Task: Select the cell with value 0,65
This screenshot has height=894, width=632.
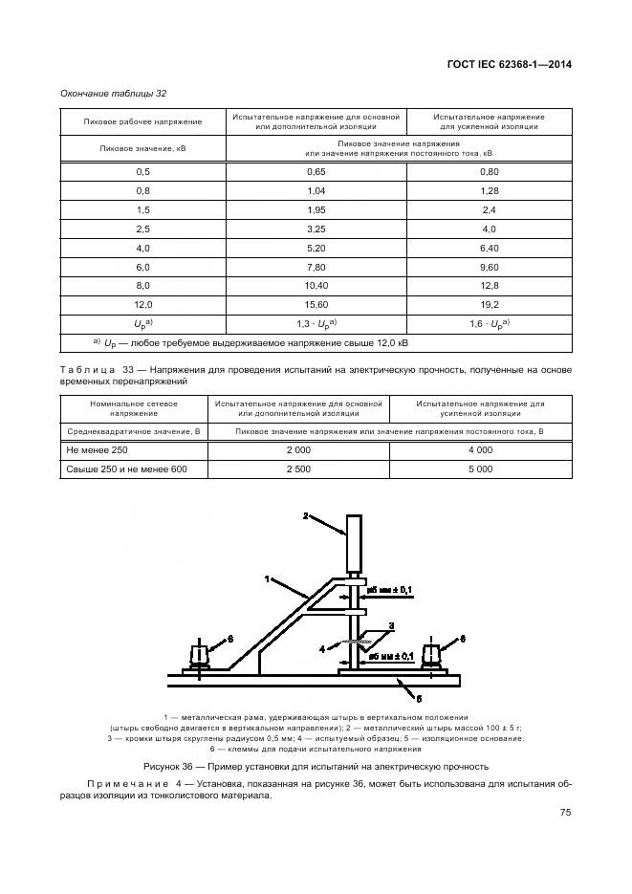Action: pyautogui.click(x=316, y=171)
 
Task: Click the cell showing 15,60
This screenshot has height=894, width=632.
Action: pyautogui.click(x=316, y=303)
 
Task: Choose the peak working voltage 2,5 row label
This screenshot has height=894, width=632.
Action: pyautogui.click(x=143, y=229)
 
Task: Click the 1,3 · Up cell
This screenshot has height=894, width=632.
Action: pyautogui.click(x=316, y=322)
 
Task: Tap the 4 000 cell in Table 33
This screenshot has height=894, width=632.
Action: pyautogui.click(x=480, y=449)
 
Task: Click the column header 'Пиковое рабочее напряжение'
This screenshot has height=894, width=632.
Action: pyautogui.click(x=143, y=121)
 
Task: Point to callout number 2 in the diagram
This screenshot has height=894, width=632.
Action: pyautogui.click(x=306, y=516)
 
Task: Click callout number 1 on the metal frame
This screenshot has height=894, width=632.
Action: pyautogui.click(x=269, y=578)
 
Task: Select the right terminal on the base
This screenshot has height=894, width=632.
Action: pyautogui.click(x=432, y=656)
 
